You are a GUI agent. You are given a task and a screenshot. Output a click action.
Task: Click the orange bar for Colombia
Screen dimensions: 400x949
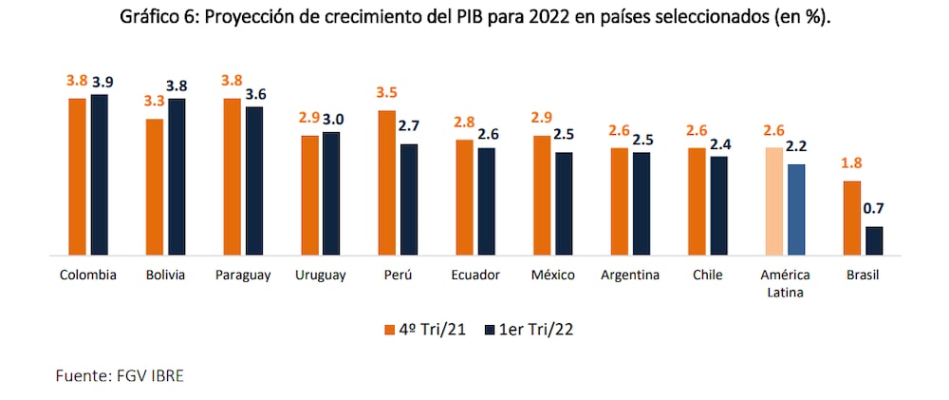77,177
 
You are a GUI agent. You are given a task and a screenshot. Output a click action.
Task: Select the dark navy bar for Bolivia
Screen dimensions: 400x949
176,177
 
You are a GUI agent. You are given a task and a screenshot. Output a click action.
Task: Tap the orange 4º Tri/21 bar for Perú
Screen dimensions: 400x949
386,182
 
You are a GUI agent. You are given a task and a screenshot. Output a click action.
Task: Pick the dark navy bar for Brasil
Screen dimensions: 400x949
874,240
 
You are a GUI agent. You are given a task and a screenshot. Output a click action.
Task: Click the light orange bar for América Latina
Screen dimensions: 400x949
774,201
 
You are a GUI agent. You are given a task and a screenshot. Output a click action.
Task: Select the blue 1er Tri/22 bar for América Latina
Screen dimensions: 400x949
797,209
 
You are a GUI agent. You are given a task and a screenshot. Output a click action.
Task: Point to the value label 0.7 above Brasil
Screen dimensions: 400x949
874,208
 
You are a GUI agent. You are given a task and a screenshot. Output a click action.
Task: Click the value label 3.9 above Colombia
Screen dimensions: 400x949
100,83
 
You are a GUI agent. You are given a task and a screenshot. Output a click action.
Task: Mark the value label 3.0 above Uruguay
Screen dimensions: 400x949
333,119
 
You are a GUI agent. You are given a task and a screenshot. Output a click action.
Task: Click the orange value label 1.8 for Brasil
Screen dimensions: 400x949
850,162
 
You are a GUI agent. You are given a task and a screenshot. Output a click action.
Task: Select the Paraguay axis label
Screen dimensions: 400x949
244,276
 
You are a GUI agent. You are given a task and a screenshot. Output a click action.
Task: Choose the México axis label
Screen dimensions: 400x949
553,276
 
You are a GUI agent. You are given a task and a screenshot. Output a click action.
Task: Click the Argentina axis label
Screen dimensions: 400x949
630,276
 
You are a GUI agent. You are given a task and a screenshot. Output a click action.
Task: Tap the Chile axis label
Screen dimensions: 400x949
708,276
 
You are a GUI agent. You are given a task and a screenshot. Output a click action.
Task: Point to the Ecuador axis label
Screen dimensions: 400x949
476,276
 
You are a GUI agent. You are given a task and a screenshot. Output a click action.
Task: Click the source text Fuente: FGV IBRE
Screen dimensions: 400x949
120,375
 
